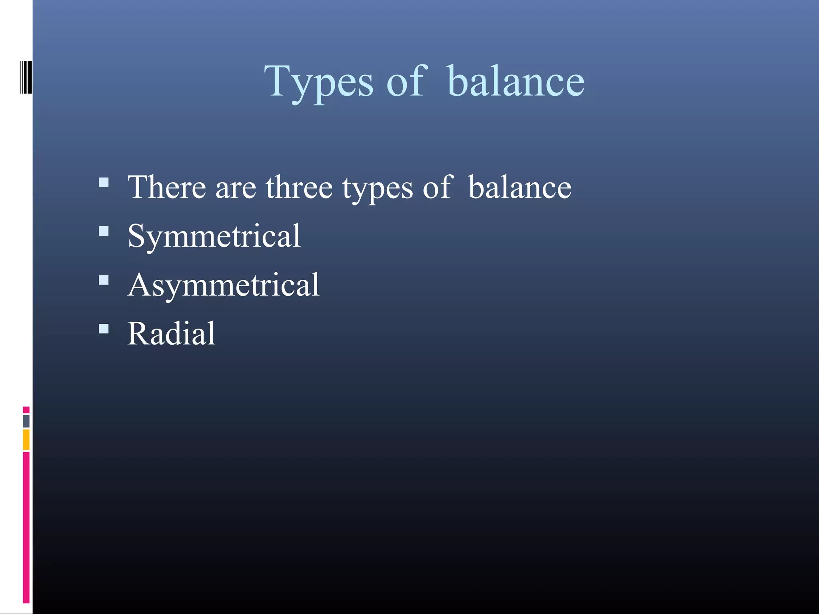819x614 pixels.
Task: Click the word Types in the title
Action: [x=318, y=82]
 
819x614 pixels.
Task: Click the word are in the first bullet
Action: [x=236, y=188]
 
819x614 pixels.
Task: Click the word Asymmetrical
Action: [x=224, y=285]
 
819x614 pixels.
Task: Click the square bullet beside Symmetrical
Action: [x=104, y=231]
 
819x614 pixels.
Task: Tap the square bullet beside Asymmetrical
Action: [x=104, y=280]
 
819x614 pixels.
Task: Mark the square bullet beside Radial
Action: [x=104, y=329]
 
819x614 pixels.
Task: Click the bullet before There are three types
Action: [x=104, y=183]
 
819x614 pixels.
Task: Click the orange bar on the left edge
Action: [x=26, y=440]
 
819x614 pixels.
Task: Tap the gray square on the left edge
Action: [x=26, y=421]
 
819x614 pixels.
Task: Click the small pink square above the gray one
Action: [x=26, y=410]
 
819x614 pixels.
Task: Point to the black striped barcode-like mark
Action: [x=26, y=77]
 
